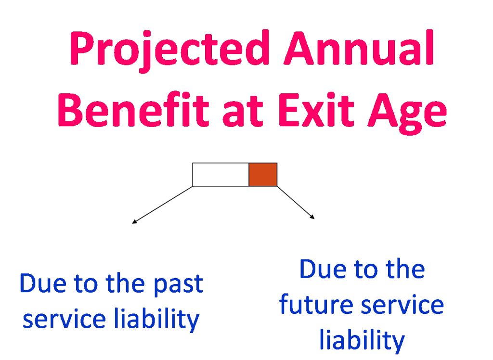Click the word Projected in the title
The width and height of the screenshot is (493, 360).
coord(169,51)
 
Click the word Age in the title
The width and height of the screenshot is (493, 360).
coord(407,113)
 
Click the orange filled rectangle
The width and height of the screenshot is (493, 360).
coord(263,175)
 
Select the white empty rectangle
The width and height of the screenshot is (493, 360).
coord(221,175)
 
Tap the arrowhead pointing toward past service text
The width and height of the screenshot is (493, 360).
coord(134,222)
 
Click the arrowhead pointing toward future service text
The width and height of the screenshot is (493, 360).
coord(312,216)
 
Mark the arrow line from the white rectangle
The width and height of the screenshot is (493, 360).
coord(162,205)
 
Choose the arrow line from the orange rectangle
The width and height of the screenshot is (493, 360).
coord(296,202)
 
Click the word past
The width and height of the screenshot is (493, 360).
coord(178,285)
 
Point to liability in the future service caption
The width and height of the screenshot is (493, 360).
coord(362,340)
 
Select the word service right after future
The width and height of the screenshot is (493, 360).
coord(402,305)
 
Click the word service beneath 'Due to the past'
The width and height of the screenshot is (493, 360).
coord(64,319)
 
